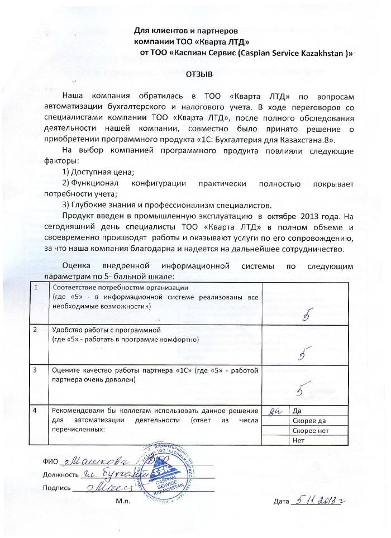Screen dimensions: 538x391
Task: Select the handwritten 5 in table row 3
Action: coord(304,388)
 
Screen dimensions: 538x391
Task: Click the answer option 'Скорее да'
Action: coord(308,421)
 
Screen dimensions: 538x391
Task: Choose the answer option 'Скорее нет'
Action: coord(310,431)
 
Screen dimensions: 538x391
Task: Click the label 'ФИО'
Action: coord(49,461)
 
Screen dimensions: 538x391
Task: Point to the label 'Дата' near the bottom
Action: coord(282,501)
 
